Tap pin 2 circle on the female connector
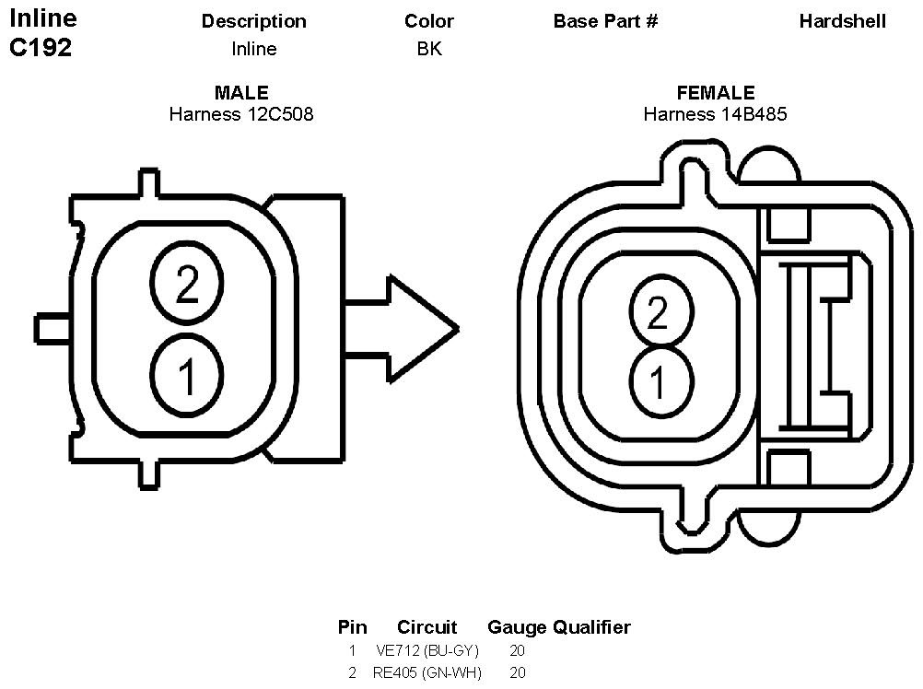click(x=658, y=313)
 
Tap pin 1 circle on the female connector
click(x=658, y=379)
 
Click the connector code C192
click(x=41, y=49)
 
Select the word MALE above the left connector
click(x=241, y=93)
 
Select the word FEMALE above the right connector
click(x=716, y=93)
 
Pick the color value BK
click(x=429, y=49)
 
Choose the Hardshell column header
click(x=842, y=21)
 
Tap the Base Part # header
click(x=605, y=21)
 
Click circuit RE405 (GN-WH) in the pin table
click(x=427, y=673)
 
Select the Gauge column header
click(x=517, y=628)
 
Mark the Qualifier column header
click(x=591, y=628)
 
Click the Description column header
click(x=253, y=21)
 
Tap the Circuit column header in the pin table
click(x=427, y=628)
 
